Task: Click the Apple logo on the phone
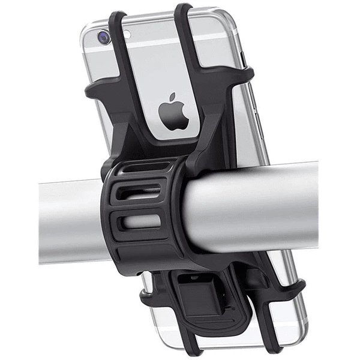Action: [x=174, y=112]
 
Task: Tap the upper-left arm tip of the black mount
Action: [x=92, y=89]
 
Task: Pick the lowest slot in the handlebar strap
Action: [x=141, y=221]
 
